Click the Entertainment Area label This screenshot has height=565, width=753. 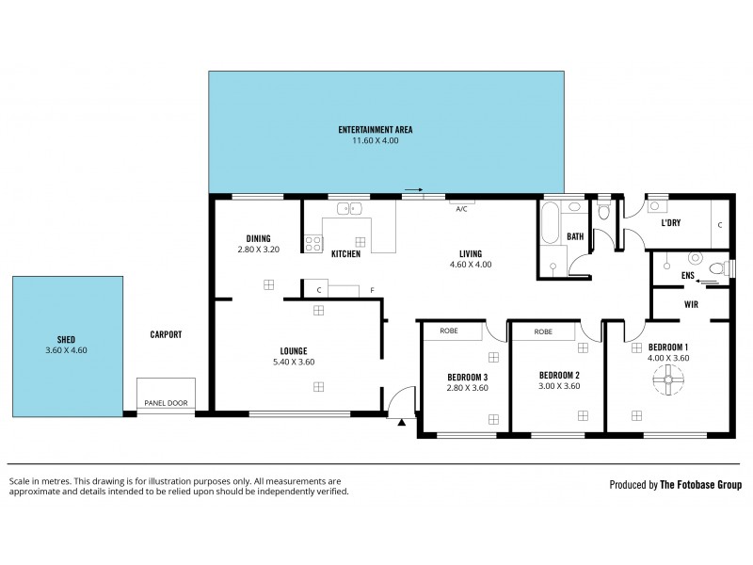pyautogui.click(x=376, y=130)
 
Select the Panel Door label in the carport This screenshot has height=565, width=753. pyautogui.click(x=166, y=403)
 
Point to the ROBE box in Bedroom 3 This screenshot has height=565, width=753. pyautogui.click(x=449, y=331)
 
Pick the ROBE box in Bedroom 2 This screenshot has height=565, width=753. pyautogui.click(x=543, y=331)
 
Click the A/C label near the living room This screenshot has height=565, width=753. pyautogui.click(x=461, y=209)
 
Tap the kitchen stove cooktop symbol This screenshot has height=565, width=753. pyautogui.click(x=312, y=243)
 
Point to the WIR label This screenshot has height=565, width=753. pyautogui.click(x=690, y=304)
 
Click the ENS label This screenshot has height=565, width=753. pyautogui.click(x=688, y=274)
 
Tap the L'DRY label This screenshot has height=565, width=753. pyautogui.click(x=670, y=223)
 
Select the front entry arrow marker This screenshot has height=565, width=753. pyautogui.click(x=401, y=423)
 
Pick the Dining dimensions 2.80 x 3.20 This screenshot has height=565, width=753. pyautogui.click(x=259, y=250)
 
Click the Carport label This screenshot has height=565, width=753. pyautogui.click(x=166, y=334)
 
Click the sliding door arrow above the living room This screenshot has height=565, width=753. pyautogui.click(x=412, y=190)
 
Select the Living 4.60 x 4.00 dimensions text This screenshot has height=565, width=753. pyautogui.click(x=470, y=265)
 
